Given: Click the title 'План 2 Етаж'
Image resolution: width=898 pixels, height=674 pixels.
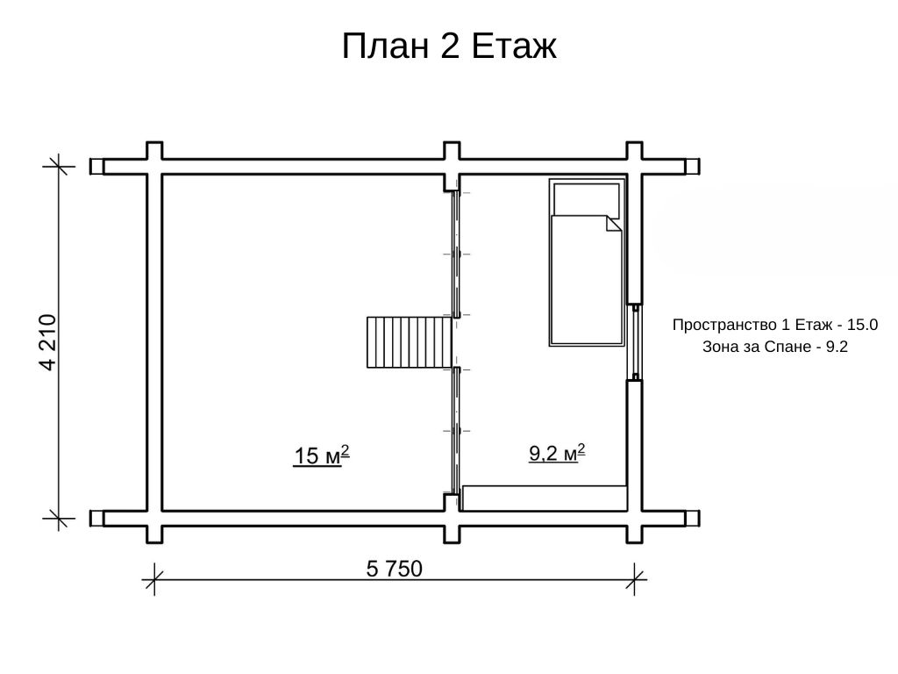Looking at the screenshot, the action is (x=449, y=46).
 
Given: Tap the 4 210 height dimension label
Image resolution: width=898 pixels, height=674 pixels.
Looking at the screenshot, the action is (x=48, y=342).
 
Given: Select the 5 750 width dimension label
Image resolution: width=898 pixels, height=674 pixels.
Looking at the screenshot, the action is (x=394, y=569).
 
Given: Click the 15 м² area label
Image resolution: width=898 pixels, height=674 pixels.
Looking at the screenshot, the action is (x=321, y=455).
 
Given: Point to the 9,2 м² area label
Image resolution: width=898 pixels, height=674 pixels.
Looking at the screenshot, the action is (x=557, y=453).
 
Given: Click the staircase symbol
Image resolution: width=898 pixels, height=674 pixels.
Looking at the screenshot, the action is (x=409, y=342).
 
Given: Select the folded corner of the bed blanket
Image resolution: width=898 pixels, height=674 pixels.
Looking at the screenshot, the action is (x=614, y=224).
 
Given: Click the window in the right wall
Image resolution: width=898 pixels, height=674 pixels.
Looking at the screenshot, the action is (x=635, y=342).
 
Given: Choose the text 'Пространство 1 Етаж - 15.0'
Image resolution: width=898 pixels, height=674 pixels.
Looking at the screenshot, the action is (x=775, y=325).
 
